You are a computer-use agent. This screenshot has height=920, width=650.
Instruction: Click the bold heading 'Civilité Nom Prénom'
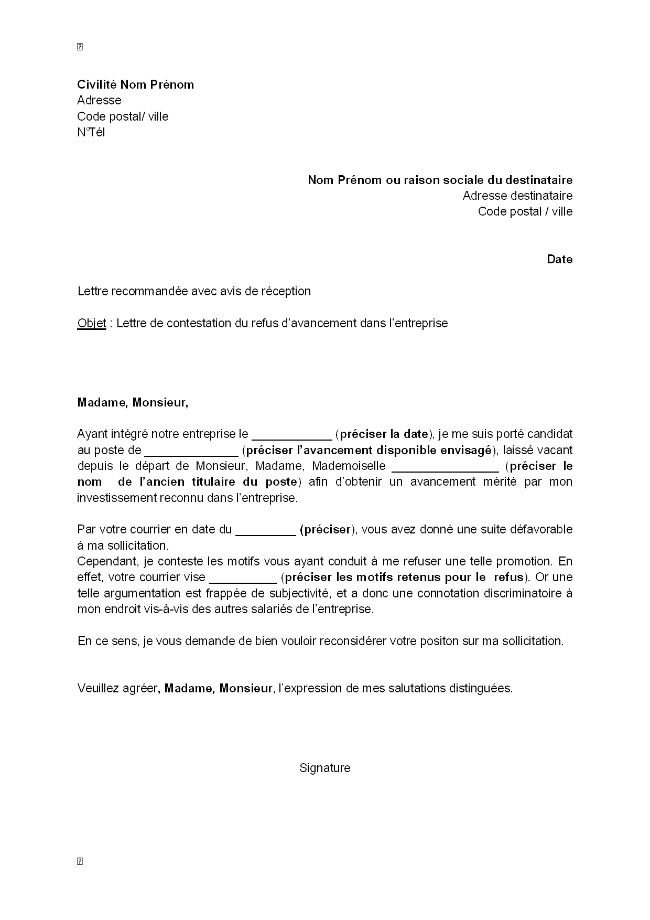tap(135, 84)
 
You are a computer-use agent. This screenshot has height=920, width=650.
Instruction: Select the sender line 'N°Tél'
tap(91, 132)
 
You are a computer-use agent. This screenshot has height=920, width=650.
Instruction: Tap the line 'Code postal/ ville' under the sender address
tap(123, 116)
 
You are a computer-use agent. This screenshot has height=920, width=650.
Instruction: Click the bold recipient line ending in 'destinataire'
tap(440, 180)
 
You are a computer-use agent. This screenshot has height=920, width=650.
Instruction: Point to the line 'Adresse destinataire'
tap(517, 196)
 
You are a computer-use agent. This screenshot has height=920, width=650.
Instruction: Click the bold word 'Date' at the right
tap(559, 259)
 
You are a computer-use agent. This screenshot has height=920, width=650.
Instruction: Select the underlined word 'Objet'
tap(91, 323)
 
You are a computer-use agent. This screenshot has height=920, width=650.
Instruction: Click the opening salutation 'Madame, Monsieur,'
tap(132, 402)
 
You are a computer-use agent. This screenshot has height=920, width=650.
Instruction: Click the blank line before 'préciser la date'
tap(291, 435)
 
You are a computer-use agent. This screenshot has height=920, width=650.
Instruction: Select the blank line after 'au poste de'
tap(191, 451)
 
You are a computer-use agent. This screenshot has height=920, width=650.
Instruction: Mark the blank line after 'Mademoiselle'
tap(445, 467)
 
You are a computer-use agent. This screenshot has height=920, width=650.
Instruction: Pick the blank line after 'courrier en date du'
tap(266, 531)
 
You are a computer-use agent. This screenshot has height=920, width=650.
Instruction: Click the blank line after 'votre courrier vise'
tap(243, 579)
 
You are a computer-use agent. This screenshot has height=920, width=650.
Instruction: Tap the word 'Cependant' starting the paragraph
tap(107, 561)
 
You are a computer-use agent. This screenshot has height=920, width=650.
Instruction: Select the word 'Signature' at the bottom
tap(324, 768)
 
